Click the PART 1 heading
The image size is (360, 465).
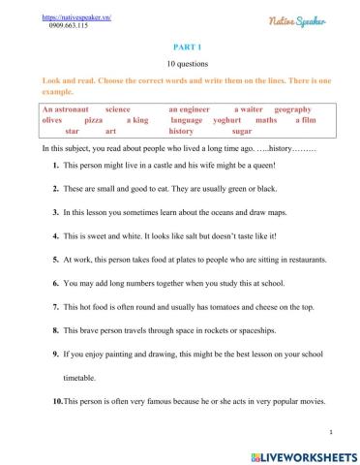[x=180, y=45]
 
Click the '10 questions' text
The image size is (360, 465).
[x=180, y=63]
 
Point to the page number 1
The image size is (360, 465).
[x=331, y=432]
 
